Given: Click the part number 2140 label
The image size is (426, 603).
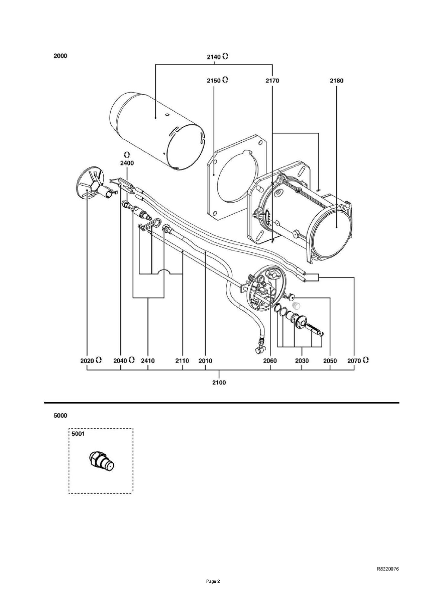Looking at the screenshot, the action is [x=214, y=57].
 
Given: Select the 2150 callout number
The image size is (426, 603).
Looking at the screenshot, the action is [x=214, y=80].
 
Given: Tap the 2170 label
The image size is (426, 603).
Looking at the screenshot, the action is [x=272, y=80].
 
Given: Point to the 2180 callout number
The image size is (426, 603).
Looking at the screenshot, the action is [x=336, y=80].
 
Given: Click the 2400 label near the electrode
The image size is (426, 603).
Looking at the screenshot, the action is [x=127, y=163].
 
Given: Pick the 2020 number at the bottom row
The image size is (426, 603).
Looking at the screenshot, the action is [x=87, y=361].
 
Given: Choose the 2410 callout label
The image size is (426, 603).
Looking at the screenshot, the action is [x=148, y=361].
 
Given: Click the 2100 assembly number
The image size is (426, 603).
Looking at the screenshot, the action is [x=219, y=382].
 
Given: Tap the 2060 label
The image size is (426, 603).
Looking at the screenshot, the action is [x=270, y=361].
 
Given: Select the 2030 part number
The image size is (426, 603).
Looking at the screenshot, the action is [x=302, y=361].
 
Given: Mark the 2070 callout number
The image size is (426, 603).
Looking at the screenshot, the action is [x=354, y=361].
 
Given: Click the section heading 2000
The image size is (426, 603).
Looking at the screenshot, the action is [x=60, y=56].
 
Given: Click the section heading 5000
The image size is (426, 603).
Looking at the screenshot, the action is [x=60, y=416].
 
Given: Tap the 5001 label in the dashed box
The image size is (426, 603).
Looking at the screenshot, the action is [x=78, y=434].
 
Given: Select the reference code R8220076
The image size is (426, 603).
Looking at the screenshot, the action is [x=388, y=569].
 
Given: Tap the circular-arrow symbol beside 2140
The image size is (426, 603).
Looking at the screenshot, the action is [x=225, y=56].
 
